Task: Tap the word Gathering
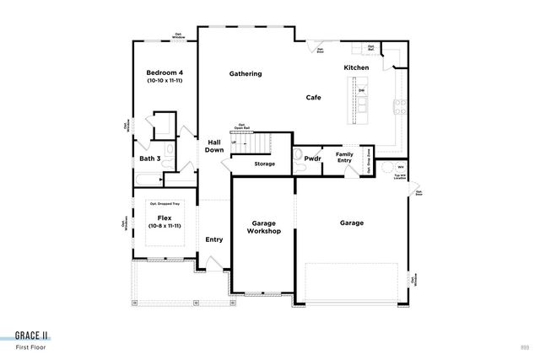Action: click(246, 73)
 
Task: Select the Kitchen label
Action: click(356, 67)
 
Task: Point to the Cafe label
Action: click(313, 98)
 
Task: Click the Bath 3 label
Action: click(150, 158)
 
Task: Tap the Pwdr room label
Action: click(312, 158)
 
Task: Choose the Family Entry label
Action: click(344, 158)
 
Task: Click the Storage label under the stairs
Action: click(265, 164)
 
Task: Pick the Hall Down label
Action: click(214, 146)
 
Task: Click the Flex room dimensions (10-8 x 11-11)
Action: click(164, 226)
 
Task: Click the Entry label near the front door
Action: click(214, 239)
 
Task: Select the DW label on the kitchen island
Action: click(361, 91)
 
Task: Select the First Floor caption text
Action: click(31, 347)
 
